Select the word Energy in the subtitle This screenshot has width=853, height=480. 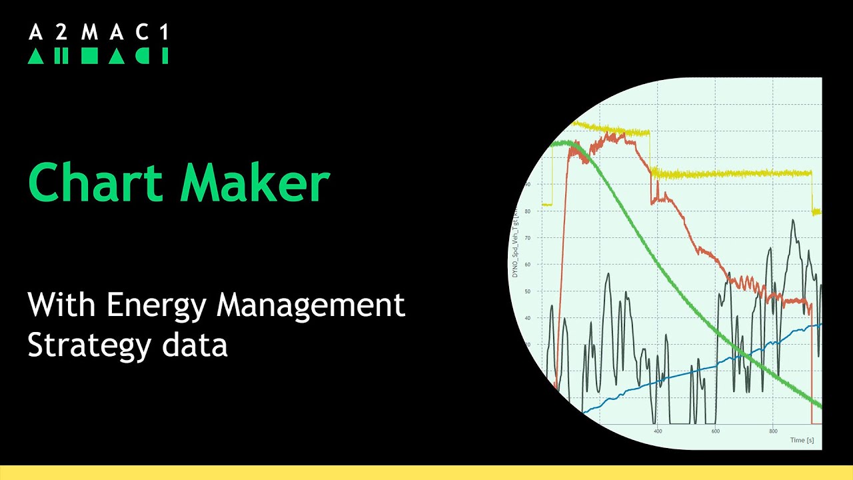pyautogui.click(x=157, y=305)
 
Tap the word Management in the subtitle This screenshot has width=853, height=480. pyautogui.click(x=311, y=306)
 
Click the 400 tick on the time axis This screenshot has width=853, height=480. pyautogui.click(x=658, y=431)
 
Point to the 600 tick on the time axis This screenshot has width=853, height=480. pyautogui.click(x=715, y=431)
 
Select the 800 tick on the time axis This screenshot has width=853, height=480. pyautogui.click(x=773, y=431)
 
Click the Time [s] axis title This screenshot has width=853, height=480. pyautogui.click(x=802, y=440)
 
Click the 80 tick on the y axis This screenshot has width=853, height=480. pyautogui.click(x=528, y=211)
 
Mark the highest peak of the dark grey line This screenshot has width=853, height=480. pyautogui.click(x=793, y=221)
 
